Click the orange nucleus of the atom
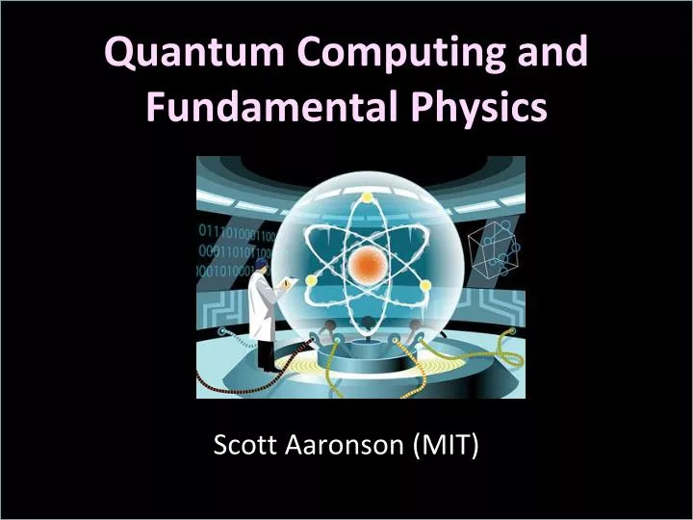(x=366, y=264)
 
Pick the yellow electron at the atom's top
(x=367, y=196)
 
